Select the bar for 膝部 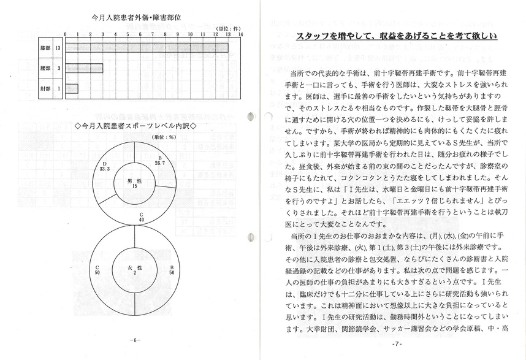[147, 47]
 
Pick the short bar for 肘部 [72, 88]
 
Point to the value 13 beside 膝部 [58, 47]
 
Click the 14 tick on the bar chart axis [240, 34]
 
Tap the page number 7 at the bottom [397, 343]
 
